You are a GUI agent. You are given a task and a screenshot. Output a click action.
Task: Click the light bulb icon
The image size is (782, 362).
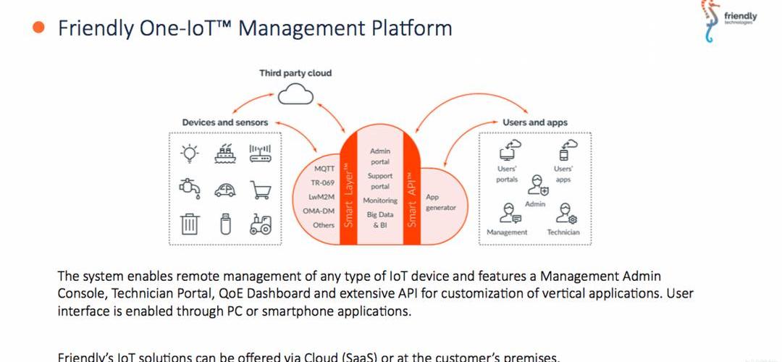point(189,153)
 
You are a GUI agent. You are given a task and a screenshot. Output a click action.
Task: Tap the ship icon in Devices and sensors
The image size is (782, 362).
point(225,153)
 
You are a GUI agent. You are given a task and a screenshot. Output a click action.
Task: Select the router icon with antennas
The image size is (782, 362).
point(259,153)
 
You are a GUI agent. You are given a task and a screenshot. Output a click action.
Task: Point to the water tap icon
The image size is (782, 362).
point(189,188)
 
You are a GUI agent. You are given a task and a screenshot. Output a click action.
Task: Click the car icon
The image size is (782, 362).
point(225,190)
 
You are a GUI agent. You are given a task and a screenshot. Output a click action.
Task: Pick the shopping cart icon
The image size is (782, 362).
point(260,189)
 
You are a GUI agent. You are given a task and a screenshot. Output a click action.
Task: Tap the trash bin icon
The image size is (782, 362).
point(189,224)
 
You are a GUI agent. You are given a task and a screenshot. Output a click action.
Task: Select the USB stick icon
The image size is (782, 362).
point(225,224)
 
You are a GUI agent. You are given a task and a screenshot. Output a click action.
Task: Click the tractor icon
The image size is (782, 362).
point(260,224)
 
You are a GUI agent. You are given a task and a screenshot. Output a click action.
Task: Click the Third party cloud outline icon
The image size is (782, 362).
point(295,93)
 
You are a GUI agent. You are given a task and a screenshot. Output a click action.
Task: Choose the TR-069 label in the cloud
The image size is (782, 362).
point(322,182)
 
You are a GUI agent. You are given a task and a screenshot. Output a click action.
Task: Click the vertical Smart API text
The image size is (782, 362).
point(412,199)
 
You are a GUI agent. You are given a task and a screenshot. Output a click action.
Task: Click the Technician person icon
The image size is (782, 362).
point(564,213)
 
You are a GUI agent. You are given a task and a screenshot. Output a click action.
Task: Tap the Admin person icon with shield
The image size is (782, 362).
point(537,185)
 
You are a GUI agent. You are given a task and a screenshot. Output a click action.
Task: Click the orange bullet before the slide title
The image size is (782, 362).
point(39,28)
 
